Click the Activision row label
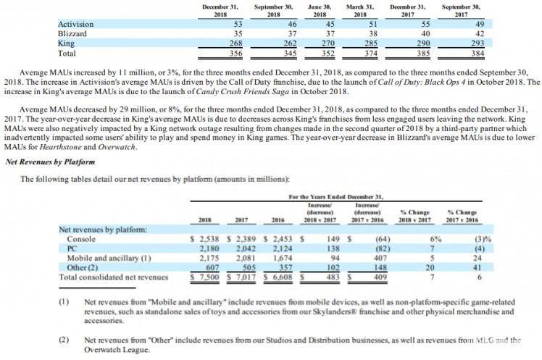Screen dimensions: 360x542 75,25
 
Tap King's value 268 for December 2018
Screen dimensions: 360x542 222,43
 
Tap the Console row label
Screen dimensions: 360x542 81,238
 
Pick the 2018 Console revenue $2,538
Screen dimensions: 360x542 205,238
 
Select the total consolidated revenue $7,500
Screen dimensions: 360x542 205,276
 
